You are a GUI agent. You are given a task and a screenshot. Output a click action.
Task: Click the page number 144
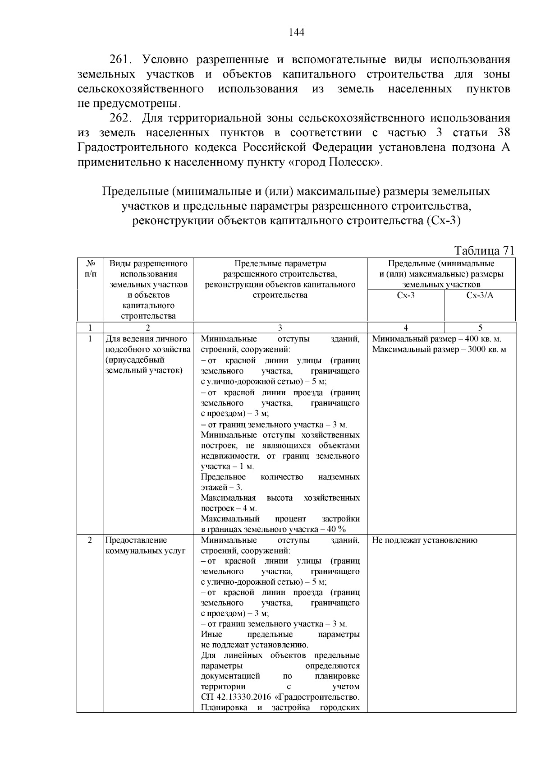[x=296, y=32]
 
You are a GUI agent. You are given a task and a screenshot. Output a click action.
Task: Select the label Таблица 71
[x=484, y=250]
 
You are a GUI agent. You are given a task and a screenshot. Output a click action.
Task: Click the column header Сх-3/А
[x=480, y=295]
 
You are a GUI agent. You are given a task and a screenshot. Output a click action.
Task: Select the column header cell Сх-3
[x=405, y=295]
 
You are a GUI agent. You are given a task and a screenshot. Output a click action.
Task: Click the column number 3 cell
[x=280, y=328]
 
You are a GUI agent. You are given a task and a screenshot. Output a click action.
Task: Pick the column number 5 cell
[x=480, y=328]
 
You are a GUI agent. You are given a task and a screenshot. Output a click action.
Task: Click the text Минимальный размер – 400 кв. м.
[x=436, y=339]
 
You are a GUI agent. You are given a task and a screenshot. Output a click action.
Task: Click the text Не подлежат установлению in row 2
[x=424, y=540]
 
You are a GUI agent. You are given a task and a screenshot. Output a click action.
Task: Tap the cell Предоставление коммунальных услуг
[x=145, y=545]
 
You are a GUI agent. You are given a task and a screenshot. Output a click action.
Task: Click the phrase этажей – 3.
[x=221, y=487]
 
